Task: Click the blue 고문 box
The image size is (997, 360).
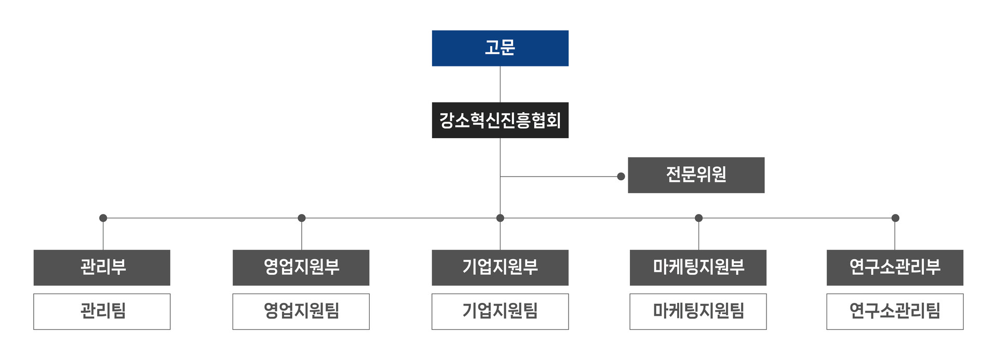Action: (x=500, y=48)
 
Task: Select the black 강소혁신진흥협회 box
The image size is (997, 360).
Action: (x=500, y=120)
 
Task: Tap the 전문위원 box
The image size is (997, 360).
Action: (x=696, y=175)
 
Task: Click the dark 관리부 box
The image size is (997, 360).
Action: (x=102, y=268)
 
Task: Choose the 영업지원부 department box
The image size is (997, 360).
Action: (x=301, y=268)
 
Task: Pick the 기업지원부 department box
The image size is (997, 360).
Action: (x=500, y=268)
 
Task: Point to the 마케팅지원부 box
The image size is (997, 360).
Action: (x=698, y=268)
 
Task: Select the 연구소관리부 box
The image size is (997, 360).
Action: (x=895, y=268)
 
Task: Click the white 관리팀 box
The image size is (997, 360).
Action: (x=102, y=312)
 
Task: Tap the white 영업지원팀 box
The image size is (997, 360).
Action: (x=301, y=312)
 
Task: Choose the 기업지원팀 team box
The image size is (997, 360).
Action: (x=500, y=312)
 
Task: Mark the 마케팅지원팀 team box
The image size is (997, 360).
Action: (x=698, y=312)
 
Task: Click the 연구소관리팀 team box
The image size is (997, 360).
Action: (x=895, y=312)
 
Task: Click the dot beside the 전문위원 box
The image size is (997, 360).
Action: (x=621, y=177)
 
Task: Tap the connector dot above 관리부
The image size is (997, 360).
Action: (x=103, y=218)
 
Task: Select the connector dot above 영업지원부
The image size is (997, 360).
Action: (x=302, y=218)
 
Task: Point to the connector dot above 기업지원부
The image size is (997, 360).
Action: (x=500, y=218)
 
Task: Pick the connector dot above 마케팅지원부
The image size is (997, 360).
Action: (x=698, y=218)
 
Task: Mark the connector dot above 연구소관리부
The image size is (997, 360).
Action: (x=895, y=218)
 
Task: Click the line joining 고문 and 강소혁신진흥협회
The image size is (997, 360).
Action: (x=500, y=84)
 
